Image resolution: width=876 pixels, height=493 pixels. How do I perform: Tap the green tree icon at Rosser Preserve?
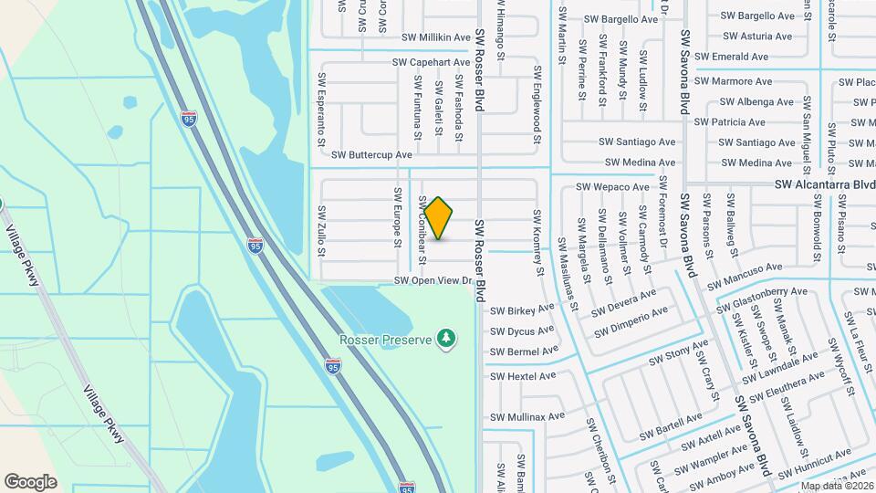click(446, 339)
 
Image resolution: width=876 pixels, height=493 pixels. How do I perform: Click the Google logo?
click(30, 481)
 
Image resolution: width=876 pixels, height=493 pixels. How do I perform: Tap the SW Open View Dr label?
click(433, 280)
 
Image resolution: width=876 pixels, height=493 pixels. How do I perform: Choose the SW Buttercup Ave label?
click(371, 155)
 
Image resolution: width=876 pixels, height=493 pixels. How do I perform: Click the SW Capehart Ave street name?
click(431, 62)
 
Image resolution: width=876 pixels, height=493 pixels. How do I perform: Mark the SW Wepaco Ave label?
click(612, 187)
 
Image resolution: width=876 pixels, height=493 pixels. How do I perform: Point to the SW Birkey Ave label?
click(523, 309)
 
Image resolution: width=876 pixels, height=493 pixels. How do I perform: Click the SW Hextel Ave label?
click(523, 375)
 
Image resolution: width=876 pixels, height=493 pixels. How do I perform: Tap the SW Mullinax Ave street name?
click(528, 417)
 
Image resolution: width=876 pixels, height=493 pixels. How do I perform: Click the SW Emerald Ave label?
click(732, 57)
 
